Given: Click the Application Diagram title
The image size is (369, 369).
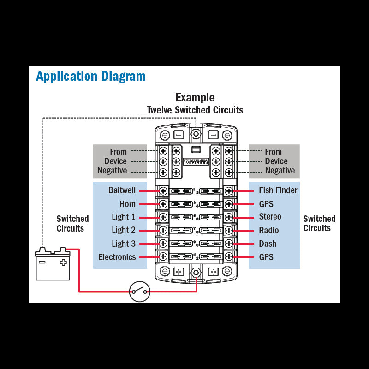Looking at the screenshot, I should (90, 76).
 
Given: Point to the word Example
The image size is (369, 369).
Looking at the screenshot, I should (195, 97).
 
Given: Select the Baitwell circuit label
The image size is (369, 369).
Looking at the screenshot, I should (122, 190).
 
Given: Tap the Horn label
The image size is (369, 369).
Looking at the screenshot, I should (128, 204).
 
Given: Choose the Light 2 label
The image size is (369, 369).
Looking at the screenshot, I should (124, 230).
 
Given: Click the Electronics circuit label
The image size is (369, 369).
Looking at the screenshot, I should (117, 257).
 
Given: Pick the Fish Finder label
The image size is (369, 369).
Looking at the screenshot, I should (278, 190).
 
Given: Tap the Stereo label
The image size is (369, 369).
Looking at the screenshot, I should (270, 217).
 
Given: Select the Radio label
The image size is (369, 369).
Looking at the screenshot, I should (269, 230).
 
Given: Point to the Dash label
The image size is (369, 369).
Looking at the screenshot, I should (268, 244).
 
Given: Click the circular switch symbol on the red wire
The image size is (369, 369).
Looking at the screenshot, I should (139, 291).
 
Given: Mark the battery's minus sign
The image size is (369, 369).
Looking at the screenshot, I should (42, 262).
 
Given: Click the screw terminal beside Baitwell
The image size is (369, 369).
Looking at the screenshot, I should (163, 190).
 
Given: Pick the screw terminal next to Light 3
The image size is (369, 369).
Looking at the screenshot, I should (163, 244).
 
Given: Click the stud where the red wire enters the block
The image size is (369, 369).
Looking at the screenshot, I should (196, 273).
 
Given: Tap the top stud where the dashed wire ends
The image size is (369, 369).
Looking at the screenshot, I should (196, 135).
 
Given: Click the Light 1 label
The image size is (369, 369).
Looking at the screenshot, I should (124, 217).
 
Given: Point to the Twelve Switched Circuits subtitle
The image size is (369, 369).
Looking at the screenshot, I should (195, 110).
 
